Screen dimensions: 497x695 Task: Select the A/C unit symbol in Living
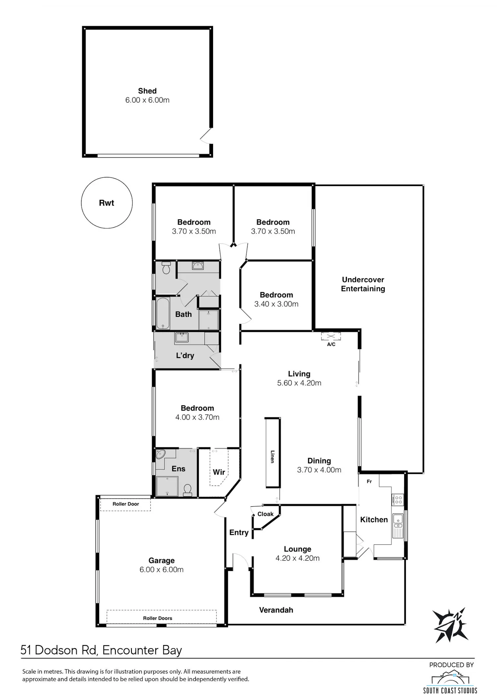coord(331,336)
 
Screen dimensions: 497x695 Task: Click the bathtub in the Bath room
coord(163,313)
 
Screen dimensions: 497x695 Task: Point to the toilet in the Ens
coord(188,490)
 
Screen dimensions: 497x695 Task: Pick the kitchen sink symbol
coord(398,526)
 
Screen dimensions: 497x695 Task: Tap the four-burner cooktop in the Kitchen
coord(398,499)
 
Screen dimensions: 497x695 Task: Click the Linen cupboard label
coord(272,456)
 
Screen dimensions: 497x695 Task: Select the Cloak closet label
coord(265,514)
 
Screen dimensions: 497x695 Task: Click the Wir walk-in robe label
coord(219,472)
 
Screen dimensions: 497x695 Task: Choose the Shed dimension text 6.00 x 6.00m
coord(147,100)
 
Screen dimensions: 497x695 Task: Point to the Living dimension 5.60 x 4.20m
coord(299,383)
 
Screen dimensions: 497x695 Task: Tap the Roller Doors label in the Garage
coord(157,618)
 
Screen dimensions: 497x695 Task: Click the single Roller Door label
coord(126,504)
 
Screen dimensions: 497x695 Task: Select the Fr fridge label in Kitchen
coord(369,482)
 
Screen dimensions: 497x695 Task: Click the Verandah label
coord(276,610)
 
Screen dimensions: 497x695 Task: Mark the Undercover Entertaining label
coord(363,284)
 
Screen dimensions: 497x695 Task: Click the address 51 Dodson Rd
coord(59,650)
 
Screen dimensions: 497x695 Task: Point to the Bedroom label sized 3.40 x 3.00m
coord(276,295)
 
